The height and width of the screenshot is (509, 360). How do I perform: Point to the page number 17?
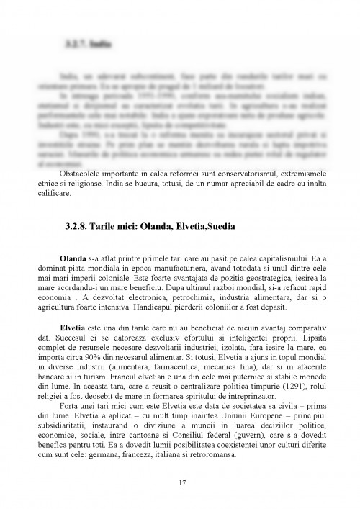(x=179, y=482)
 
